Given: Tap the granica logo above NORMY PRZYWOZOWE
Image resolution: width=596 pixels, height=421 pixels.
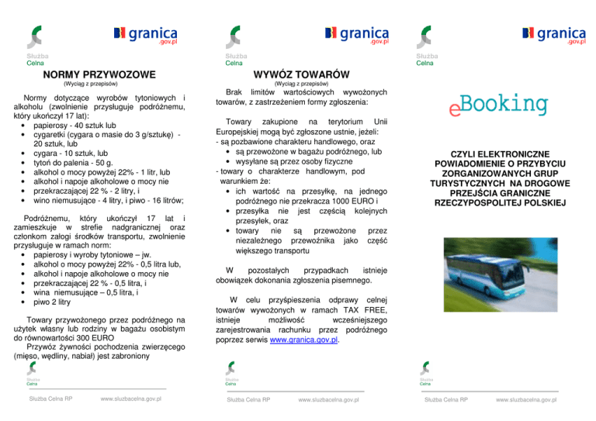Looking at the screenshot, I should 147,36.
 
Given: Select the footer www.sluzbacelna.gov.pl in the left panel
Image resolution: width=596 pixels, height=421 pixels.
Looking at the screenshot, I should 131,399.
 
